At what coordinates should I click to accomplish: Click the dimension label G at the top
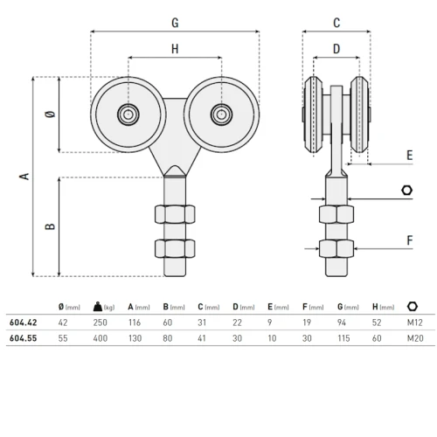tap(175, 20)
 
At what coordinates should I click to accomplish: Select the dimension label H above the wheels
tap(175, 49)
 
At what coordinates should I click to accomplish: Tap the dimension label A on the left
tap(24, 176)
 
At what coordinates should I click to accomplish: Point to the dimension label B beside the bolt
tap(51, 225)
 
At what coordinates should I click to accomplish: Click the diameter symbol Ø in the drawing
tap(51, 115)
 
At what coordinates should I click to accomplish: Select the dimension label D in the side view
tap(336, 50)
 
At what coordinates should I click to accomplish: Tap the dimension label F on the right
tap(409, 238)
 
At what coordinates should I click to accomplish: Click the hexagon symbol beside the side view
tap(406, 191)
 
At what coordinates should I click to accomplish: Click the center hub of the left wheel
tap(128, 114)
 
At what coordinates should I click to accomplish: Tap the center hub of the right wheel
tap(221, 114)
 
